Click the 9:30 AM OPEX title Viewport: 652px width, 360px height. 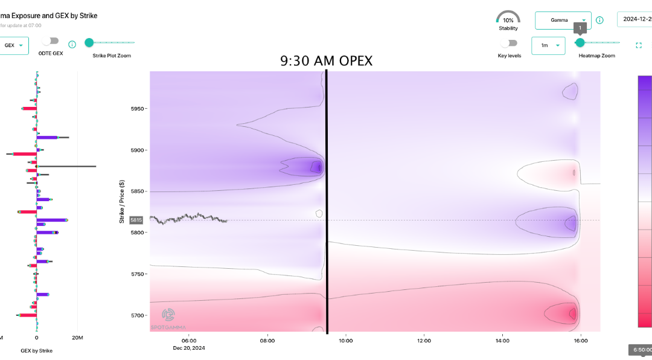click(x=326, y=61)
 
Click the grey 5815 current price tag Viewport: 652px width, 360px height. click(x=136, y=220)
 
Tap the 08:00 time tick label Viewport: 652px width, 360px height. click(x=267, y=341)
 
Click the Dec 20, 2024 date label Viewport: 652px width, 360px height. click(x=189, y=348)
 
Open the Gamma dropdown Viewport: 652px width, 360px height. click(x=563, y=20)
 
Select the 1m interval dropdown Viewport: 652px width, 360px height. click(x=549, y=45)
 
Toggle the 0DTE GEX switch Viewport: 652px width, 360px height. click(x=51, y=41)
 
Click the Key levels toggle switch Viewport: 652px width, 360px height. click(x=510, y=43)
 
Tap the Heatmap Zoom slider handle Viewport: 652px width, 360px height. click(x=580, y=42)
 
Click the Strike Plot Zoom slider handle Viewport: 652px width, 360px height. click(x=89, y=42)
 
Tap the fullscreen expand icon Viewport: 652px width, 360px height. click(x=639, y=45)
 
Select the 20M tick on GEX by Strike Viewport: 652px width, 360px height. click(x=76, y=337)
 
